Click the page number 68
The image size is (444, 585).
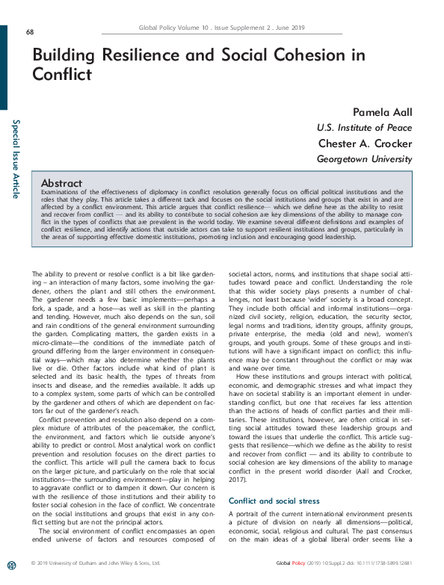[x=29, y=31]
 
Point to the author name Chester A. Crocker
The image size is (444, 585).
[x=365, y=143]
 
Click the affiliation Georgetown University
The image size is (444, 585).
[x=364, y=159]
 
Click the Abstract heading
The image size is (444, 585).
[x=62, y=182]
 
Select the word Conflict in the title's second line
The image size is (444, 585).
[x=62, y=75]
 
